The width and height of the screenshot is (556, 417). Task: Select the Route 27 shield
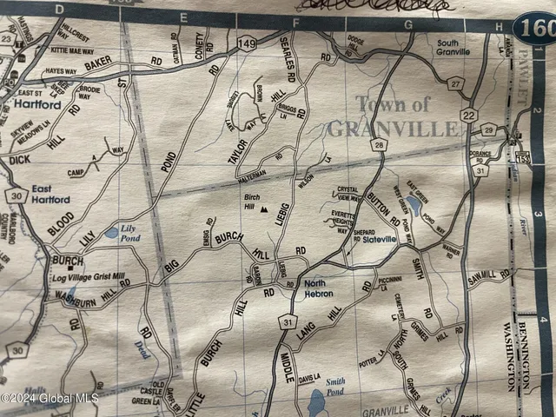click(x=456, y=83)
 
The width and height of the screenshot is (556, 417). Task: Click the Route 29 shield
click(x=487, y=130)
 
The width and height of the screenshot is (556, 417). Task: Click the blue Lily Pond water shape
click(x=110, y=233)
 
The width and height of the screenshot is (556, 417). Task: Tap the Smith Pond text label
click(x=334, y=386)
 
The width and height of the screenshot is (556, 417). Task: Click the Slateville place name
click(x=379, y=240)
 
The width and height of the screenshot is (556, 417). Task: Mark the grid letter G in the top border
click(x=407, y=26)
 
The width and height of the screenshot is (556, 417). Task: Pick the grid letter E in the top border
click(x=183, y=17)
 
